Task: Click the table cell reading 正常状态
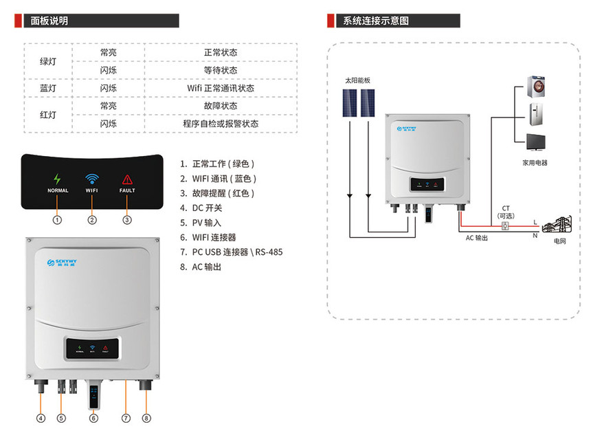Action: click(221, 53)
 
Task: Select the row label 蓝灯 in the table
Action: click(48, 89)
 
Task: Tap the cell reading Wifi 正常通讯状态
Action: click(221, 89)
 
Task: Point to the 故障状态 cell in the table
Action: click(221, 107)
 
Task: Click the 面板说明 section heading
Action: click(49, 21)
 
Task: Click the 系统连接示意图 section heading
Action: click(375, 21)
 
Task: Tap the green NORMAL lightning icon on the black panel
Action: click(58, 179)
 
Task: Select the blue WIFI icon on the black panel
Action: click(92, 179)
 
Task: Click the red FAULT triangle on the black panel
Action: click(127, 179)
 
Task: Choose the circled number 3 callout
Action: click(127, 220)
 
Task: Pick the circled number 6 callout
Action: click(93, 417)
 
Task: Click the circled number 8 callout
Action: click(146, 417)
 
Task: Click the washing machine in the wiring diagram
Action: click(535, 87)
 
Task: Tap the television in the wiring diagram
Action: click(535, 142)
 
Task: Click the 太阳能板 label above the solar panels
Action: click(357, 80)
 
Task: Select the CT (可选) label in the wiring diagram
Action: click(506, 212)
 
